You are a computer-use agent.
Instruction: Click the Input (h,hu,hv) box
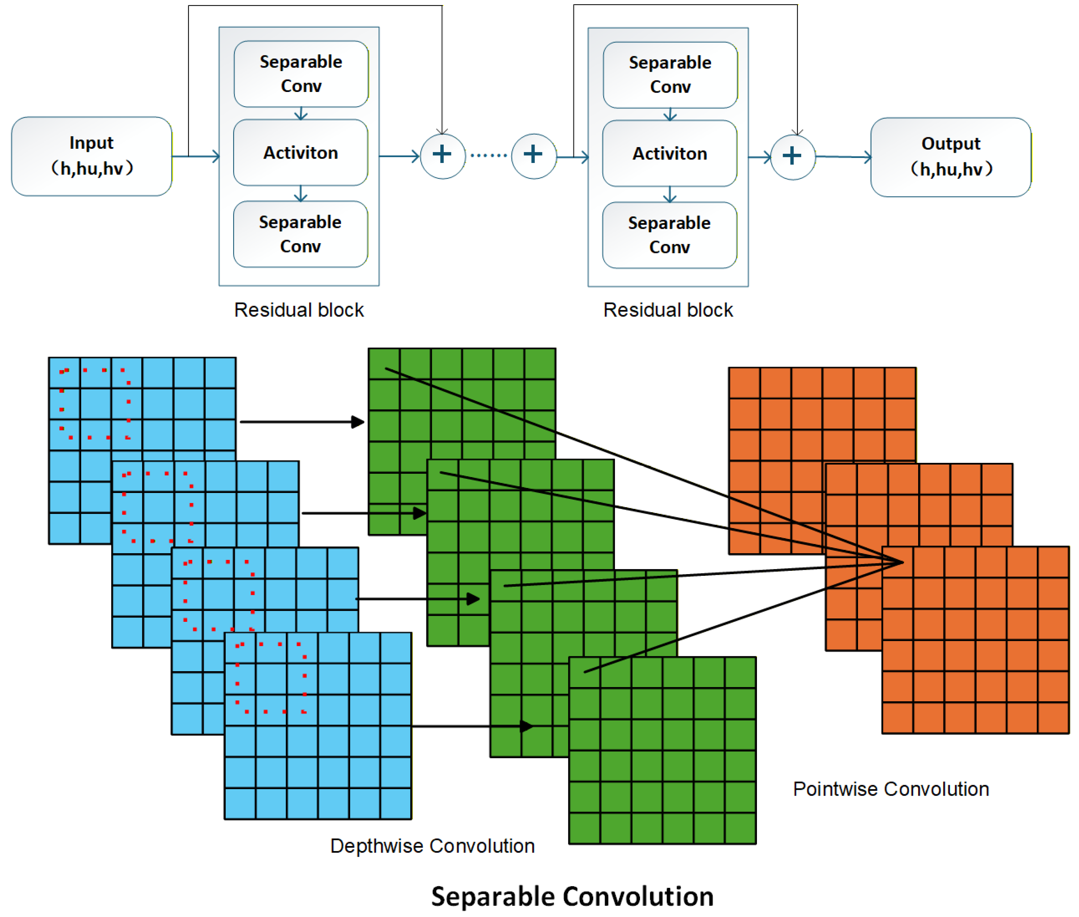(92, 156)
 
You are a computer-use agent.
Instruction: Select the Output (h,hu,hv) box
(951, 157)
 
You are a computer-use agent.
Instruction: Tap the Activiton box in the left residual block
(301, 152)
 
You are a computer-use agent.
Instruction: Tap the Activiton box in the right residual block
(670, 154)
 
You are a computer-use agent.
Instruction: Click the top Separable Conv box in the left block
(301, 74)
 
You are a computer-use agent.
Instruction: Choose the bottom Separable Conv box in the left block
(301, 234)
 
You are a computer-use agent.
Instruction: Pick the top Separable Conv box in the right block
(670, 75)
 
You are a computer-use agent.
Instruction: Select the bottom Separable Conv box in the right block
(670, 235)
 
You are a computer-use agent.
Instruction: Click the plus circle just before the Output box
(793, 157)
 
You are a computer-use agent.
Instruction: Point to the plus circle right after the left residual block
(443, 156)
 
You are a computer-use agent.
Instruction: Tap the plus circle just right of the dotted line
(534, 156)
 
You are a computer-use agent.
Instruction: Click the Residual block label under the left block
(299, 310)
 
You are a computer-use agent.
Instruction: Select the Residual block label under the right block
(668, 310)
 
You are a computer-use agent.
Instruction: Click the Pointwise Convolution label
(891, 789)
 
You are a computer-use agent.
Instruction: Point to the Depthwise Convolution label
(432, 846)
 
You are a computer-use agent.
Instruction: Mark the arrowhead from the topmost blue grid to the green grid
(358, 422)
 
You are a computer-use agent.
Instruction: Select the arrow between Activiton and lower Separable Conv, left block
(301, 193)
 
